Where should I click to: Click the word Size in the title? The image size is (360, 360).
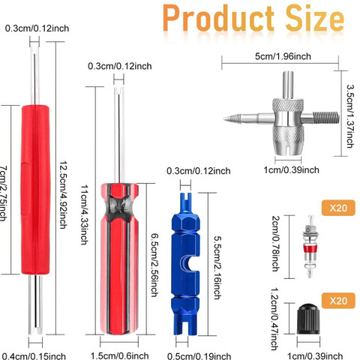click(x=315, y=19)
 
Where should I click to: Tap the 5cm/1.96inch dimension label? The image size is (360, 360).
click(x=283, y=56)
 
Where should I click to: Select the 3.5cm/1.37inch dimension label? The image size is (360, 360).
click(x=350, y=116)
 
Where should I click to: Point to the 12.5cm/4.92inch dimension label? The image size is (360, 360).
click(x=63, y=195)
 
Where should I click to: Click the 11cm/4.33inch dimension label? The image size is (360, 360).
click(x=84, y=214)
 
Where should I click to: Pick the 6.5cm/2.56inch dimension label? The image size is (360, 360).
click(x=155, y=265)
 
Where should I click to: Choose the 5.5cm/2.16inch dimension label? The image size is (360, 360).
click(x=217, y=268)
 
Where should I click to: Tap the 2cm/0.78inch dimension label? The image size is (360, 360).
click(x=275, y=244)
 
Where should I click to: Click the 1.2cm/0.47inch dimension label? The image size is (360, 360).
click(x=275, y=319)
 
